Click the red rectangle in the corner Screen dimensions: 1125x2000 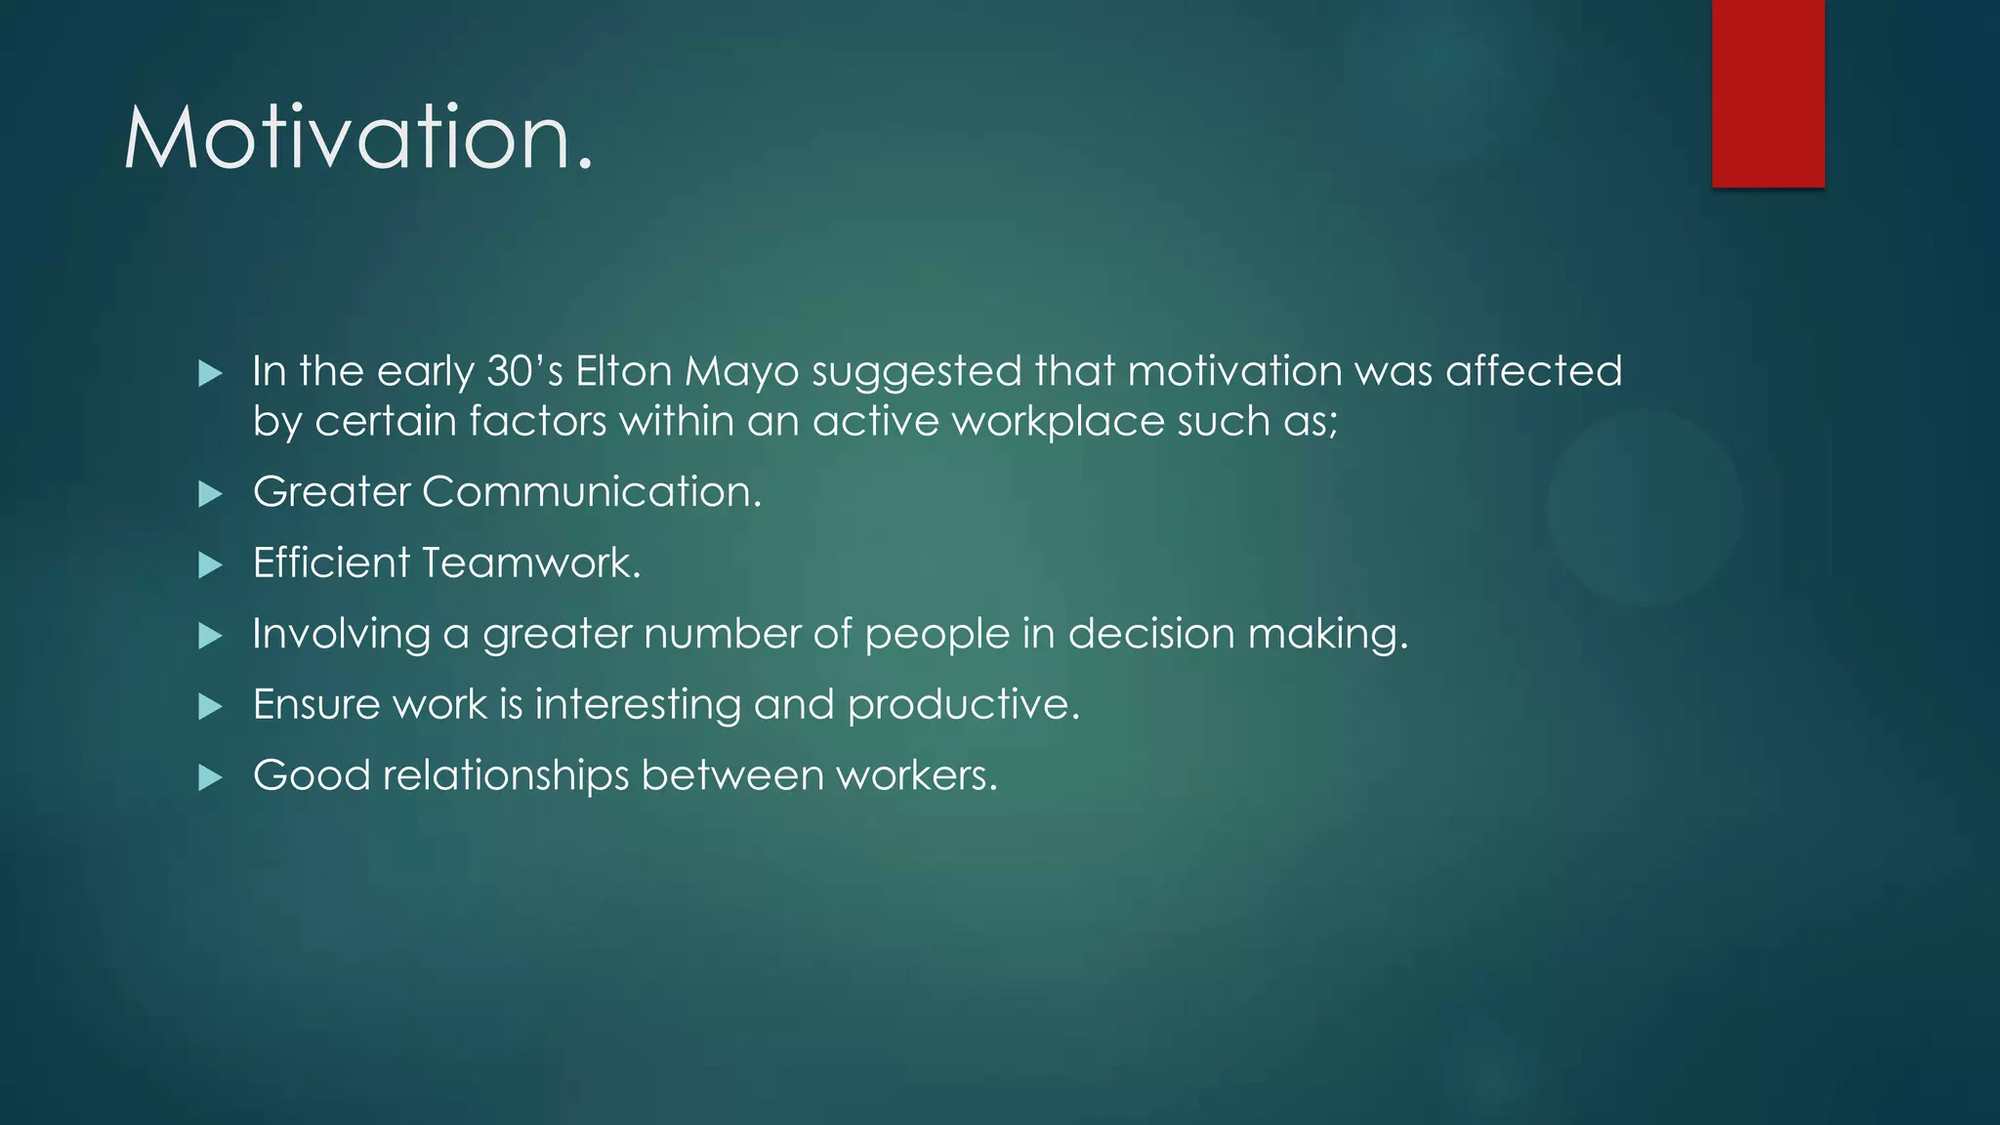(1768, 93)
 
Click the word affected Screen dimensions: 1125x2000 (1533, 372)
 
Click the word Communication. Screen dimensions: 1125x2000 (591, 491)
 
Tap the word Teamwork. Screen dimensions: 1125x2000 (531, 563)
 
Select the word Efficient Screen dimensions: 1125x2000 (331, 563)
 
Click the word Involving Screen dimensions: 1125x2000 (341, 635)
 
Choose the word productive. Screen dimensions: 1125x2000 (963, 705)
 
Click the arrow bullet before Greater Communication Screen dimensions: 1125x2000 (210, 494)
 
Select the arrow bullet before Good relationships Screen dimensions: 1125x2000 (210, 778)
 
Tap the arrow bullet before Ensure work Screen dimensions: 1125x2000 (210, 707)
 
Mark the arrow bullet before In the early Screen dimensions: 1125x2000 (210, 374)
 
